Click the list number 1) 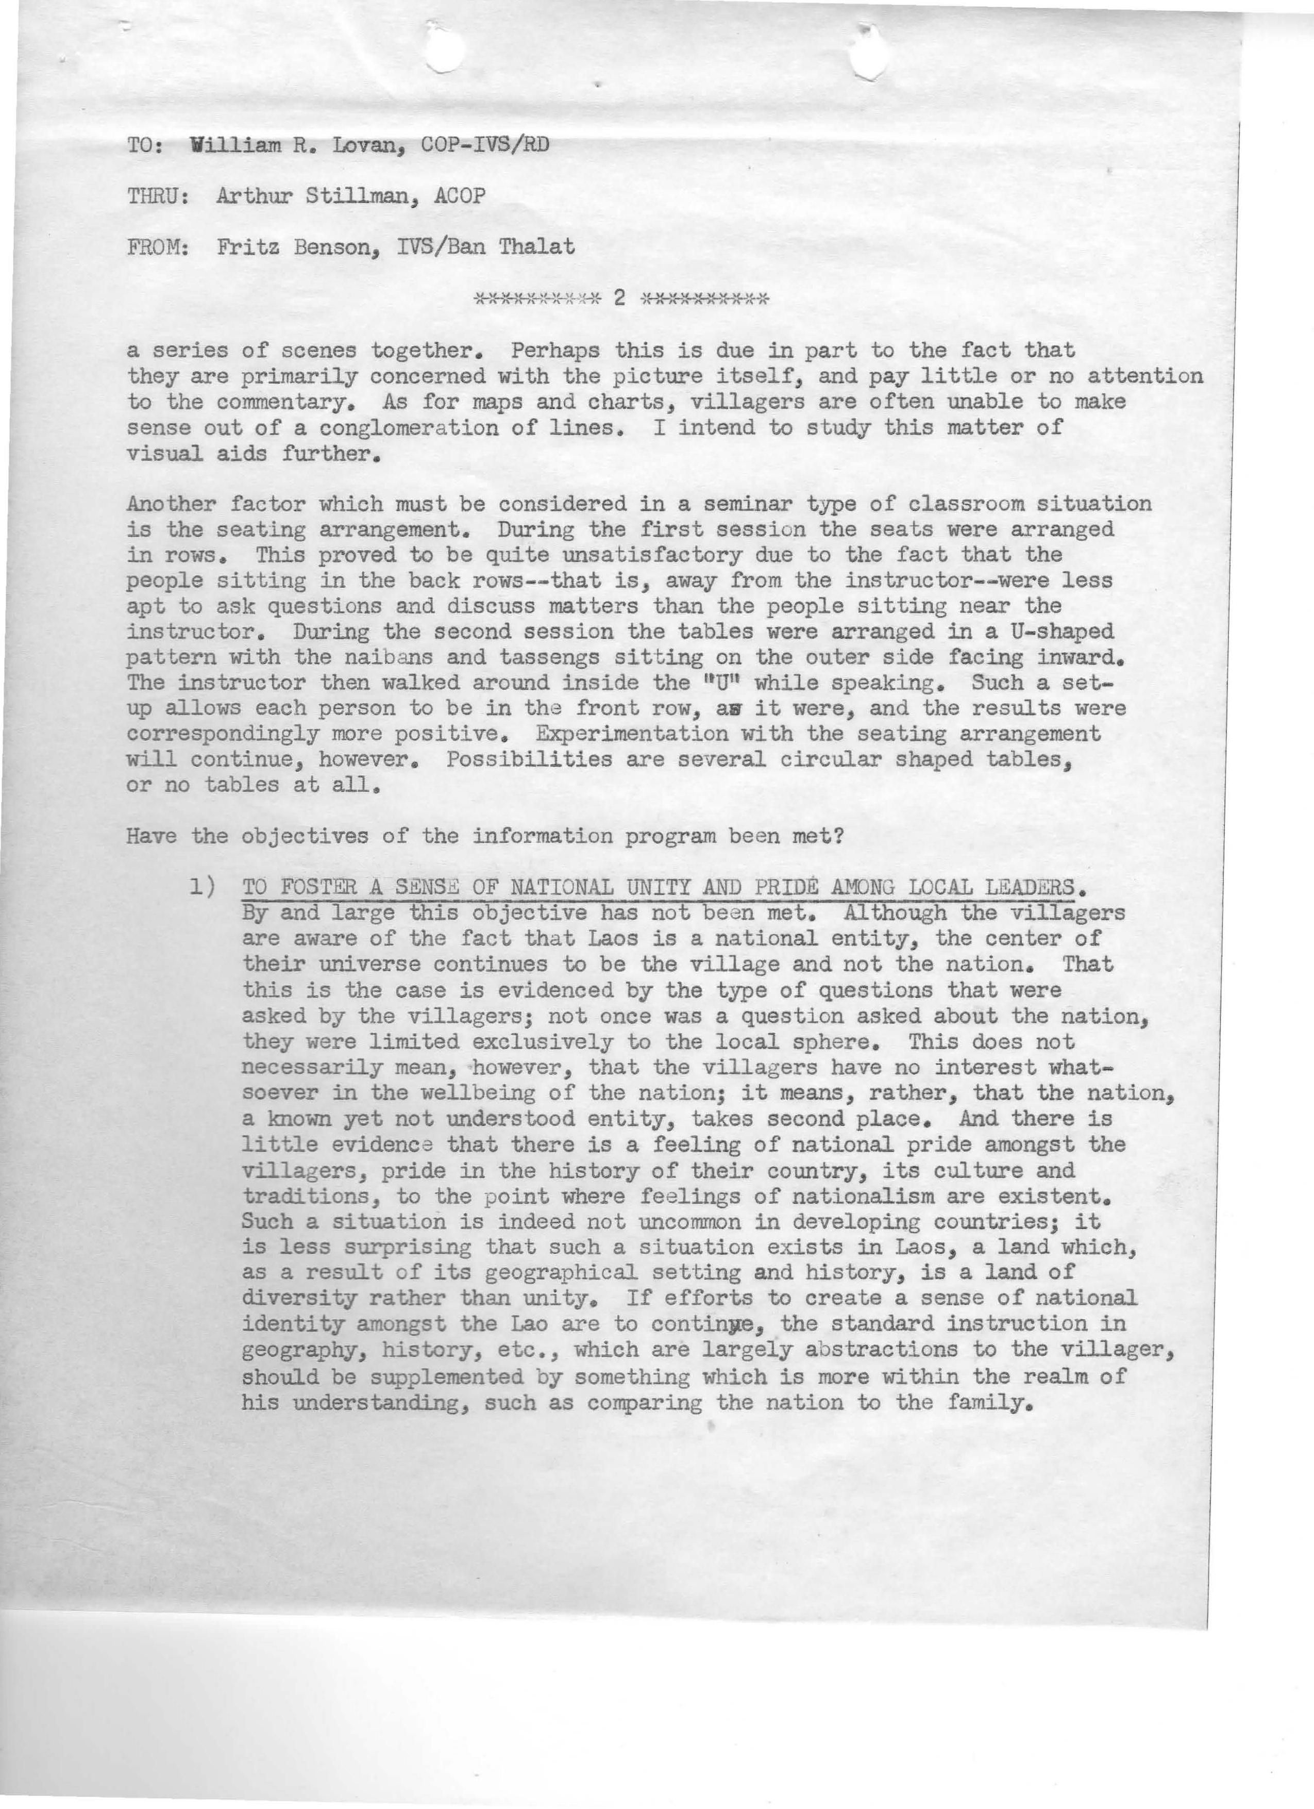pos(204,886)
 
